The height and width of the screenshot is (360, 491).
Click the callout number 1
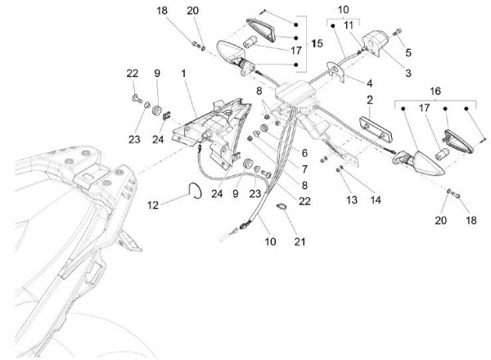(183, 74)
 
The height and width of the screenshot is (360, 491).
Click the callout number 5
(408, 52)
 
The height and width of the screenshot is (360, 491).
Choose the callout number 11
(349, 25)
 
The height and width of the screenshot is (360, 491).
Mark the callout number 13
(329, 199)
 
